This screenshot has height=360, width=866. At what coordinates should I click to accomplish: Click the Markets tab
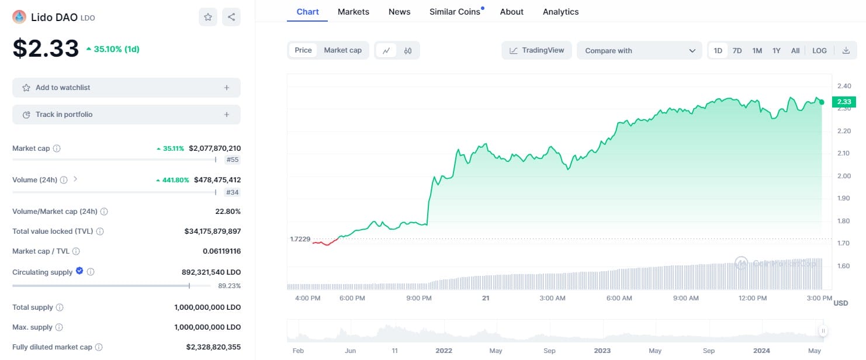354,12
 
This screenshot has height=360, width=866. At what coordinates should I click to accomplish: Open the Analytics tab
560,12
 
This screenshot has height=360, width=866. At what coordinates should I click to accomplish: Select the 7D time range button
737,51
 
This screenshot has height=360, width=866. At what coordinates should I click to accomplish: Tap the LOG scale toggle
819,51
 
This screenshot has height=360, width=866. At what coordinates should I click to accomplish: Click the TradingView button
536,50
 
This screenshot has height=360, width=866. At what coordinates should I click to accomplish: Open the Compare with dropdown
639,51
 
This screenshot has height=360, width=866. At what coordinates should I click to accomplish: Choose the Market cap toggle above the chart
342,50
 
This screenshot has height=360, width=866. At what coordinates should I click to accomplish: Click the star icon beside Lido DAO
208,17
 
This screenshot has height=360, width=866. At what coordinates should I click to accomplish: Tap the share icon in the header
231,17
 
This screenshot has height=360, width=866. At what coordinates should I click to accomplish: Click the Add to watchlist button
126,88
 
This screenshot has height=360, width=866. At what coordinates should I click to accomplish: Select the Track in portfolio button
126,115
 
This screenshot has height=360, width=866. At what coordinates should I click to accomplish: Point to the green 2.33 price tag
844,102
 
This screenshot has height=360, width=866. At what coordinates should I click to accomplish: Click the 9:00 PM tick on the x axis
419,298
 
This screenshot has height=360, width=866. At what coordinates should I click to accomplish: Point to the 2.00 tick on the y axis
844,176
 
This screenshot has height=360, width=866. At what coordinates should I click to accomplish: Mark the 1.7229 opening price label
300,239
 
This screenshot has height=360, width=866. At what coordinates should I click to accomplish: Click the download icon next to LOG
846,51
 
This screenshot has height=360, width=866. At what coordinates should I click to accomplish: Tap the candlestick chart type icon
408,51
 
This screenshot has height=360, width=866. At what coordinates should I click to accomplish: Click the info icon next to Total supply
60,307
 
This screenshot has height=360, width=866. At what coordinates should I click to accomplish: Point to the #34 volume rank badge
232,192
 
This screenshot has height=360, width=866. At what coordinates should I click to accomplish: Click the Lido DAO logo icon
19,17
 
